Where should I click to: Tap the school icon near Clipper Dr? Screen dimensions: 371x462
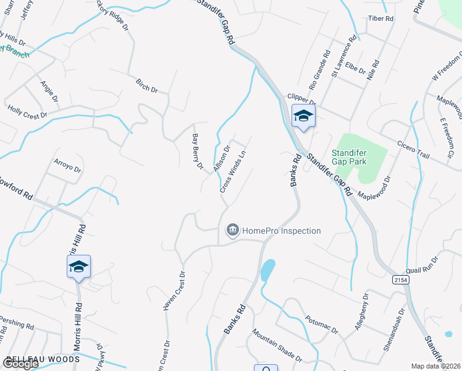303,116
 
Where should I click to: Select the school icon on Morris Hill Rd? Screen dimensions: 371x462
78,267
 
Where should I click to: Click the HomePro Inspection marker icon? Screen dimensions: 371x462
232,231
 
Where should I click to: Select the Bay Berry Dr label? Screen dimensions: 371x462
198,151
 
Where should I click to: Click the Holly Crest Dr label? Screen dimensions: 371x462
27,112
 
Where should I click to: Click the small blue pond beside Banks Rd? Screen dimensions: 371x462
267,270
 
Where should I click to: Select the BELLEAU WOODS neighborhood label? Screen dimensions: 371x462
43,359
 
